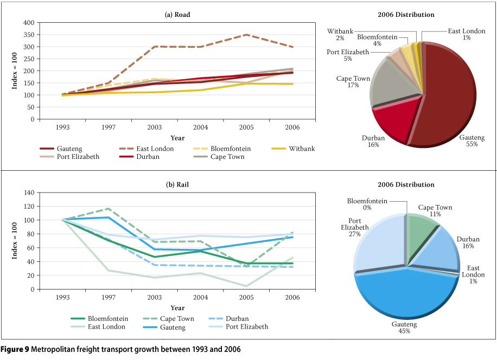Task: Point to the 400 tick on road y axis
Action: coord(29,23)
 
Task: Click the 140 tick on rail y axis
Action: coord(29,192)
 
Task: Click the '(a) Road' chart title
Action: coord(177,15)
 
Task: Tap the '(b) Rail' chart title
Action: coord(177,185)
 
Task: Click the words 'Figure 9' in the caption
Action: coord(15,350)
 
